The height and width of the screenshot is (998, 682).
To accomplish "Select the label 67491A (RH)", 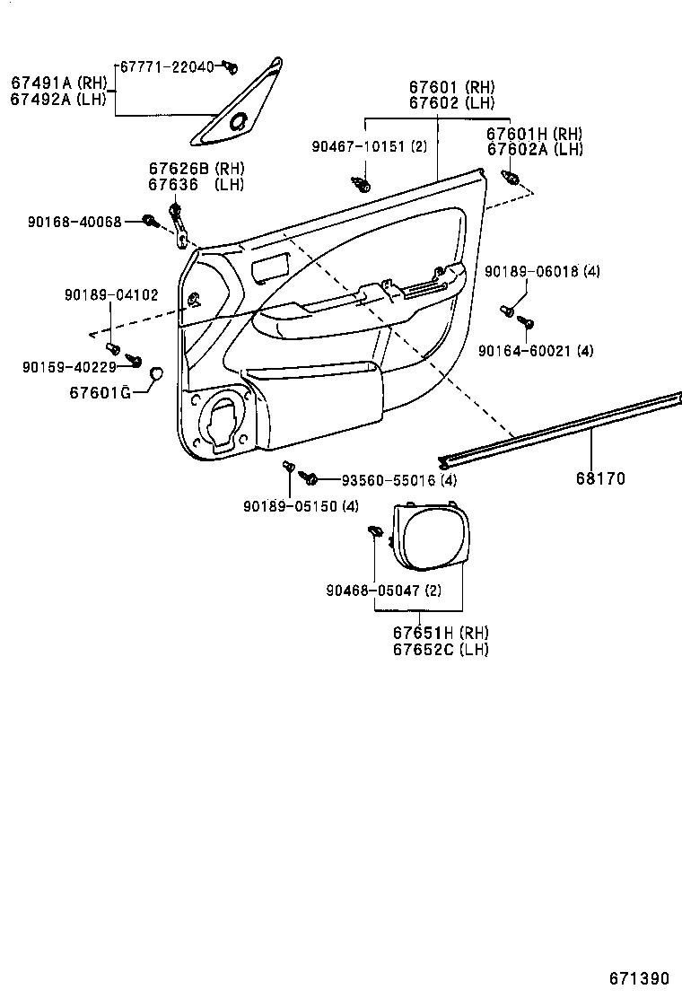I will coord(58,83).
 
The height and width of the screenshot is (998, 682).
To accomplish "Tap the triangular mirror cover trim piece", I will coord(238,108).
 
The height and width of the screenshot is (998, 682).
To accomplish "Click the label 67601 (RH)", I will coord(451,87).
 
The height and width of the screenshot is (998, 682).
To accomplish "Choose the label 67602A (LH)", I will coord(535,150).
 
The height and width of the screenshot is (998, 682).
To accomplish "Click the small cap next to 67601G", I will coord(154,372).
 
